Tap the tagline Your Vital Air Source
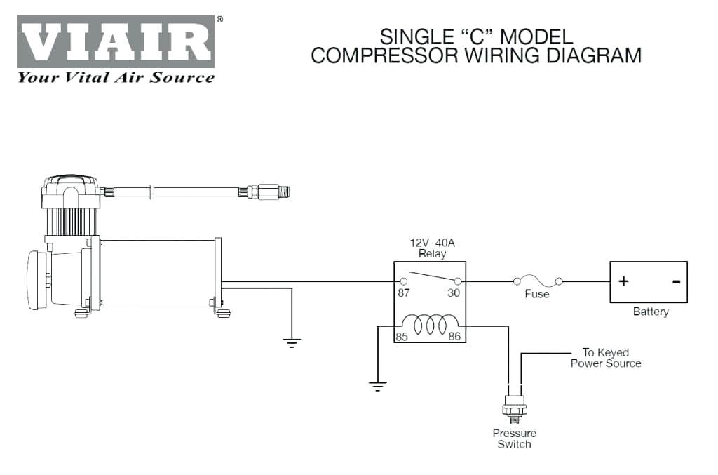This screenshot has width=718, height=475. [x=116, y=78]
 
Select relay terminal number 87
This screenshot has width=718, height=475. [x=404, y=293]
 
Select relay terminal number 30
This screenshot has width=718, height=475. [x=454, y=293]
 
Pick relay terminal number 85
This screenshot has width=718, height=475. [x=402, y=337]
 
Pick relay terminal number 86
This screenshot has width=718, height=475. [x=454, y=337]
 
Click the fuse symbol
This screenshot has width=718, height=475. [x=538, y=281]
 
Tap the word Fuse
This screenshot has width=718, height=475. [x=537, y=294]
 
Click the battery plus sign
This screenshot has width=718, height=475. [x=623, y=281]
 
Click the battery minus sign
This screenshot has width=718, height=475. [x=675, y=282]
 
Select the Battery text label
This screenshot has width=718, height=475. [x=651, y=312]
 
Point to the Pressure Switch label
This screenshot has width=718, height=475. [x=515, y=439]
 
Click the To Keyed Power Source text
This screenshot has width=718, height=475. [x=605, y=358]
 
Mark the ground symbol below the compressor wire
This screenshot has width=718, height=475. [x=292, y=342]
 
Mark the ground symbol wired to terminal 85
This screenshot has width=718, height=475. [x=379, y=384]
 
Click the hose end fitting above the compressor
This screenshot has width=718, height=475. [x=270, y=191]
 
